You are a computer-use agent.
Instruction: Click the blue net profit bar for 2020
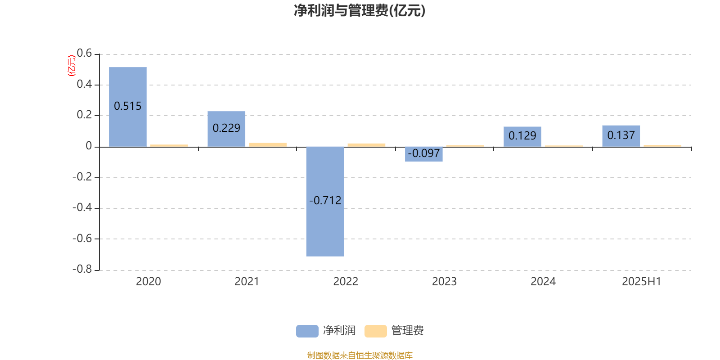pos(128,107)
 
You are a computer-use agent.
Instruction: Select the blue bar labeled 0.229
pos(226,129)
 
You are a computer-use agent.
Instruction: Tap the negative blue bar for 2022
pos(325,202)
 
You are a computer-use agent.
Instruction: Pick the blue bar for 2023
pos(423,154)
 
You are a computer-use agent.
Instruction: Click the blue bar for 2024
pos(522,137)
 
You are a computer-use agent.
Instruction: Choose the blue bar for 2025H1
pos(621,136)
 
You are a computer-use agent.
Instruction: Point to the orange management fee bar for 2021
pos(268,144)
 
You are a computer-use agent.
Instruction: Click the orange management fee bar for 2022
pos(366,145)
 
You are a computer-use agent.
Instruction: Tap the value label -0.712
pos(325,201)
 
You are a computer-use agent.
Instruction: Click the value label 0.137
pos(621,135)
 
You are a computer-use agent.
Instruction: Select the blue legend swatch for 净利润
pos(307,331)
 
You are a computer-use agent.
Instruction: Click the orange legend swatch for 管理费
pos(375,331)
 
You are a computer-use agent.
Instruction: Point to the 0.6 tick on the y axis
pos(84,53)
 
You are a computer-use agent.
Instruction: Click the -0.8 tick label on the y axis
pos(82,269)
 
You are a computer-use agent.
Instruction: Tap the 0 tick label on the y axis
pos(89,146)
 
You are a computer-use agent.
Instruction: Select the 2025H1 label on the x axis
pos(642,282)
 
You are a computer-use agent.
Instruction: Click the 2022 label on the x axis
pos(346,282)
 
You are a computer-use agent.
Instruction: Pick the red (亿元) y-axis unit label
pos(72,66)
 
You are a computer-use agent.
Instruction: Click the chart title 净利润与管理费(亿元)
pos(360,10)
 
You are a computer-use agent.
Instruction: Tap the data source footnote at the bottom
pos(360,355)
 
